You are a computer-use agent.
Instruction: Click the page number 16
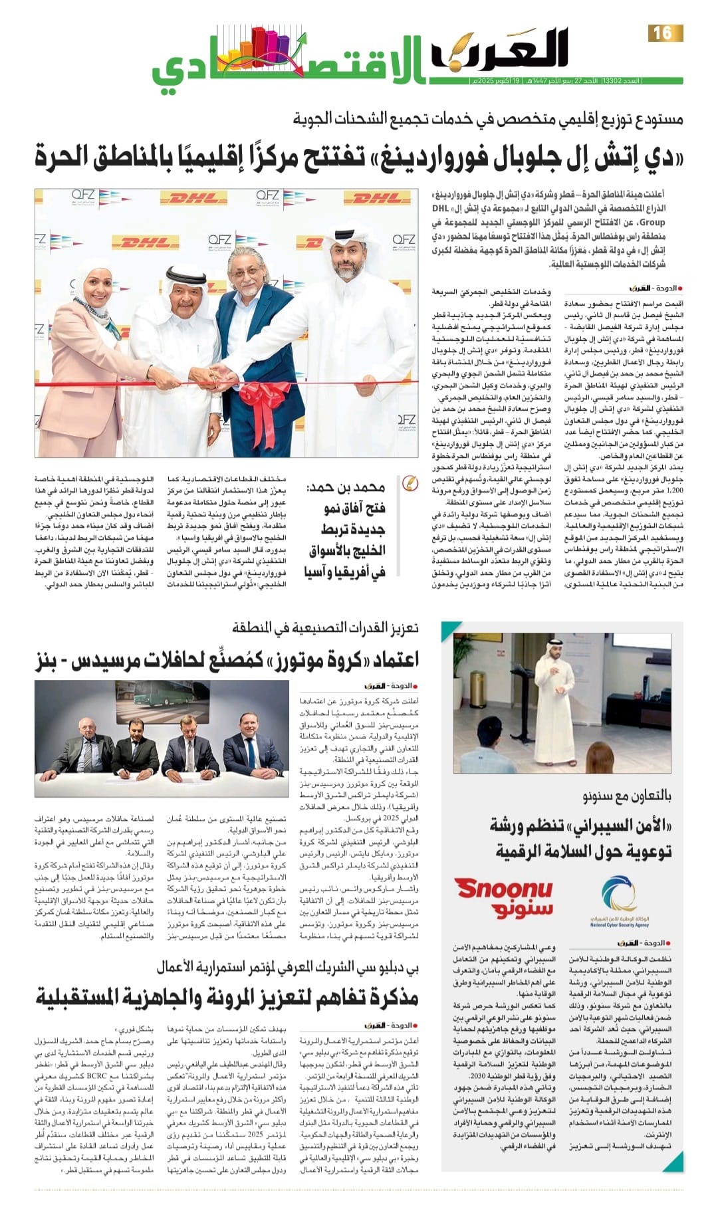pyautogui.click(x=663, y=33)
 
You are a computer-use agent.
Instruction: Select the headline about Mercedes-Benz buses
pyautogui.click(x=227, y=660)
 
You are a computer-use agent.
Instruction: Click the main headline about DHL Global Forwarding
pyautogui.click(x=359, y=157)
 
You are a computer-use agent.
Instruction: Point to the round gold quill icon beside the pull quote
pyautogui.click(x=411, y=484)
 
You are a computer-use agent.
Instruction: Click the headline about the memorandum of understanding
pyautogui.click(x=227, y=997)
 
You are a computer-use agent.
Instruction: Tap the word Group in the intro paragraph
pyautogui.click(x=652, y=222)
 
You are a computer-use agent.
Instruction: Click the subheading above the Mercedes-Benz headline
pyautogui.click(x=325, y=627)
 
